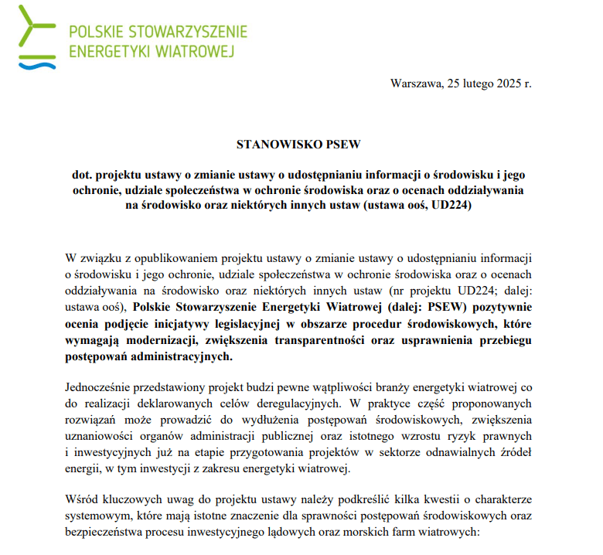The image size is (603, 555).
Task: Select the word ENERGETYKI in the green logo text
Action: tap(108, 52)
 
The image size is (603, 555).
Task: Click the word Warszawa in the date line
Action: tap(416, 83)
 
